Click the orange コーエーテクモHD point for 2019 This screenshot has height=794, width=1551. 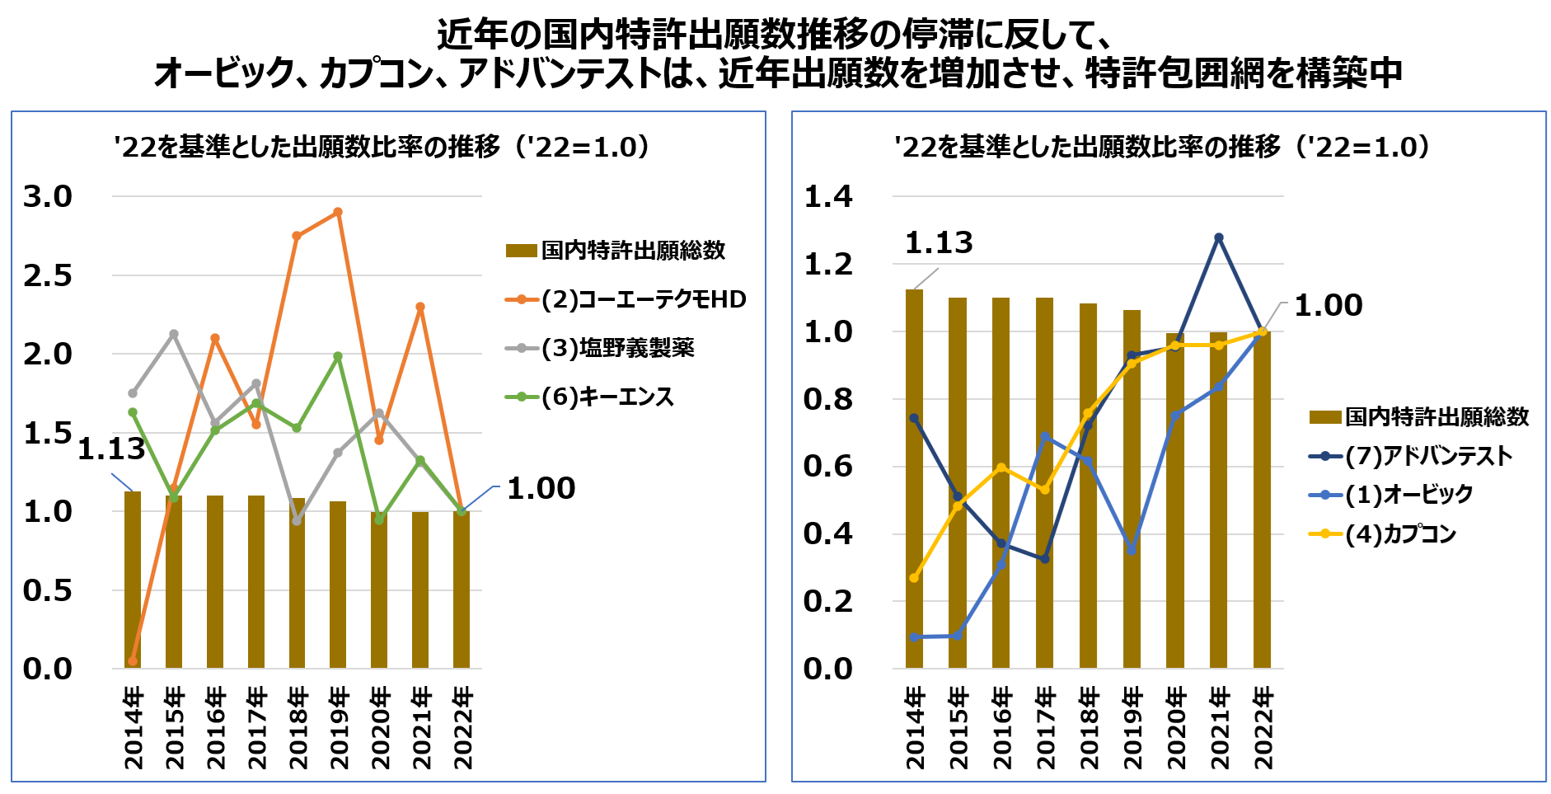[x=338, y=212]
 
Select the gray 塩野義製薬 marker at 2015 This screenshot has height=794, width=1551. [x=174, y=334]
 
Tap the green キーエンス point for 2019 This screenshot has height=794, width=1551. [x=338, y=356]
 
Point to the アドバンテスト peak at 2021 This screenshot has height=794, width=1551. [x=1219, y=237]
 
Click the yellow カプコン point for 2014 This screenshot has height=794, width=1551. [x=914, y=578]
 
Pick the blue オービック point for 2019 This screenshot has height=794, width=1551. [x=1132, y=551]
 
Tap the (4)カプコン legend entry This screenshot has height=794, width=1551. [x=1401, y=533]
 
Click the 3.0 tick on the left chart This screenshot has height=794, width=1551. [x=48, y=196]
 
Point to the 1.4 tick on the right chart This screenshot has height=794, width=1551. [x=828, y=196]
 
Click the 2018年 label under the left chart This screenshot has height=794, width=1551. [x=298, y=727]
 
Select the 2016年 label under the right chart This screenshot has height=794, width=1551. [x=1001, y=727]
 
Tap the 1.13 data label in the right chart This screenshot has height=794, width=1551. [x=939, y=242]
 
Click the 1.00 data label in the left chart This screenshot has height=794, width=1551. [x=541, y=487]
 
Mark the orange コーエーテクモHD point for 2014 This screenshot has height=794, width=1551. [x=133, y=661]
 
